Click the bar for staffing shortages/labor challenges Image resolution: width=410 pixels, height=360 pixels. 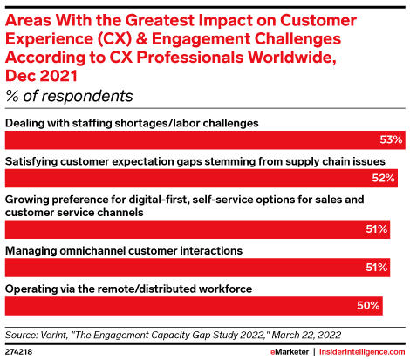[x=205, y=139]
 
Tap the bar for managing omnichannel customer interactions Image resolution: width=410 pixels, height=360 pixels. [x=201, y=268]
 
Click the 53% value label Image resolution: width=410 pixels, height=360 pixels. [x=392, y=139]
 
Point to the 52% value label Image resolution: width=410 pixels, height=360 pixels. [x=385, y=180]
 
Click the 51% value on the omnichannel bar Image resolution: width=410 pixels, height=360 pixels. [x=377, y=268]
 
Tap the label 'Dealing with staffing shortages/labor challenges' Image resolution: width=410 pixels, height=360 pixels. [x=133, y=123]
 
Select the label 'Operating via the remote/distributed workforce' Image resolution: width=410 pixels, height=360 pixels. [x=128, y=289]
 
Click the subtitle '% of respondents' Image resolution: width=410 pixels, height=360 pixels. [x=70, y=96]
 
